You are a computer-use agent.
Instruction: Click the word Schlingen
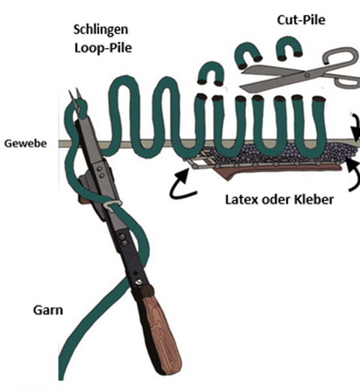100,30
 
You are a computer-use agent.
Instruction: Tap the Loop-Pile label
103,47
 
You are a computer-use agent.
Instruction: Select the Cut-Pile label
301,20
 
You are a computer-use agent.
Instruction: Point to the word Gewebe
25,143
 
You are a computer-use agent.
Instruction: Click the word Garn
48,310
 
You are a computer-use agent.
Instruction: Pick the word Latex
241,200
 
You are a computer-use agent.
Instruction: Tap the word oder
276,200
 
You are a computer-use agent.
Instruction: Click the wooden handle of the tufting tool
160,330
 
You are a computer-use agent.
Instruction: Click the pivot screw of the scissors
307,74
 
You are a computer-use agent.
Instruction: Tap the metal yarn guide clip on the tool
113,205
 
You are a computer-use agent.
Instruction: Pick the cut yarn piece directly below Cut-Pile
289,47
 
